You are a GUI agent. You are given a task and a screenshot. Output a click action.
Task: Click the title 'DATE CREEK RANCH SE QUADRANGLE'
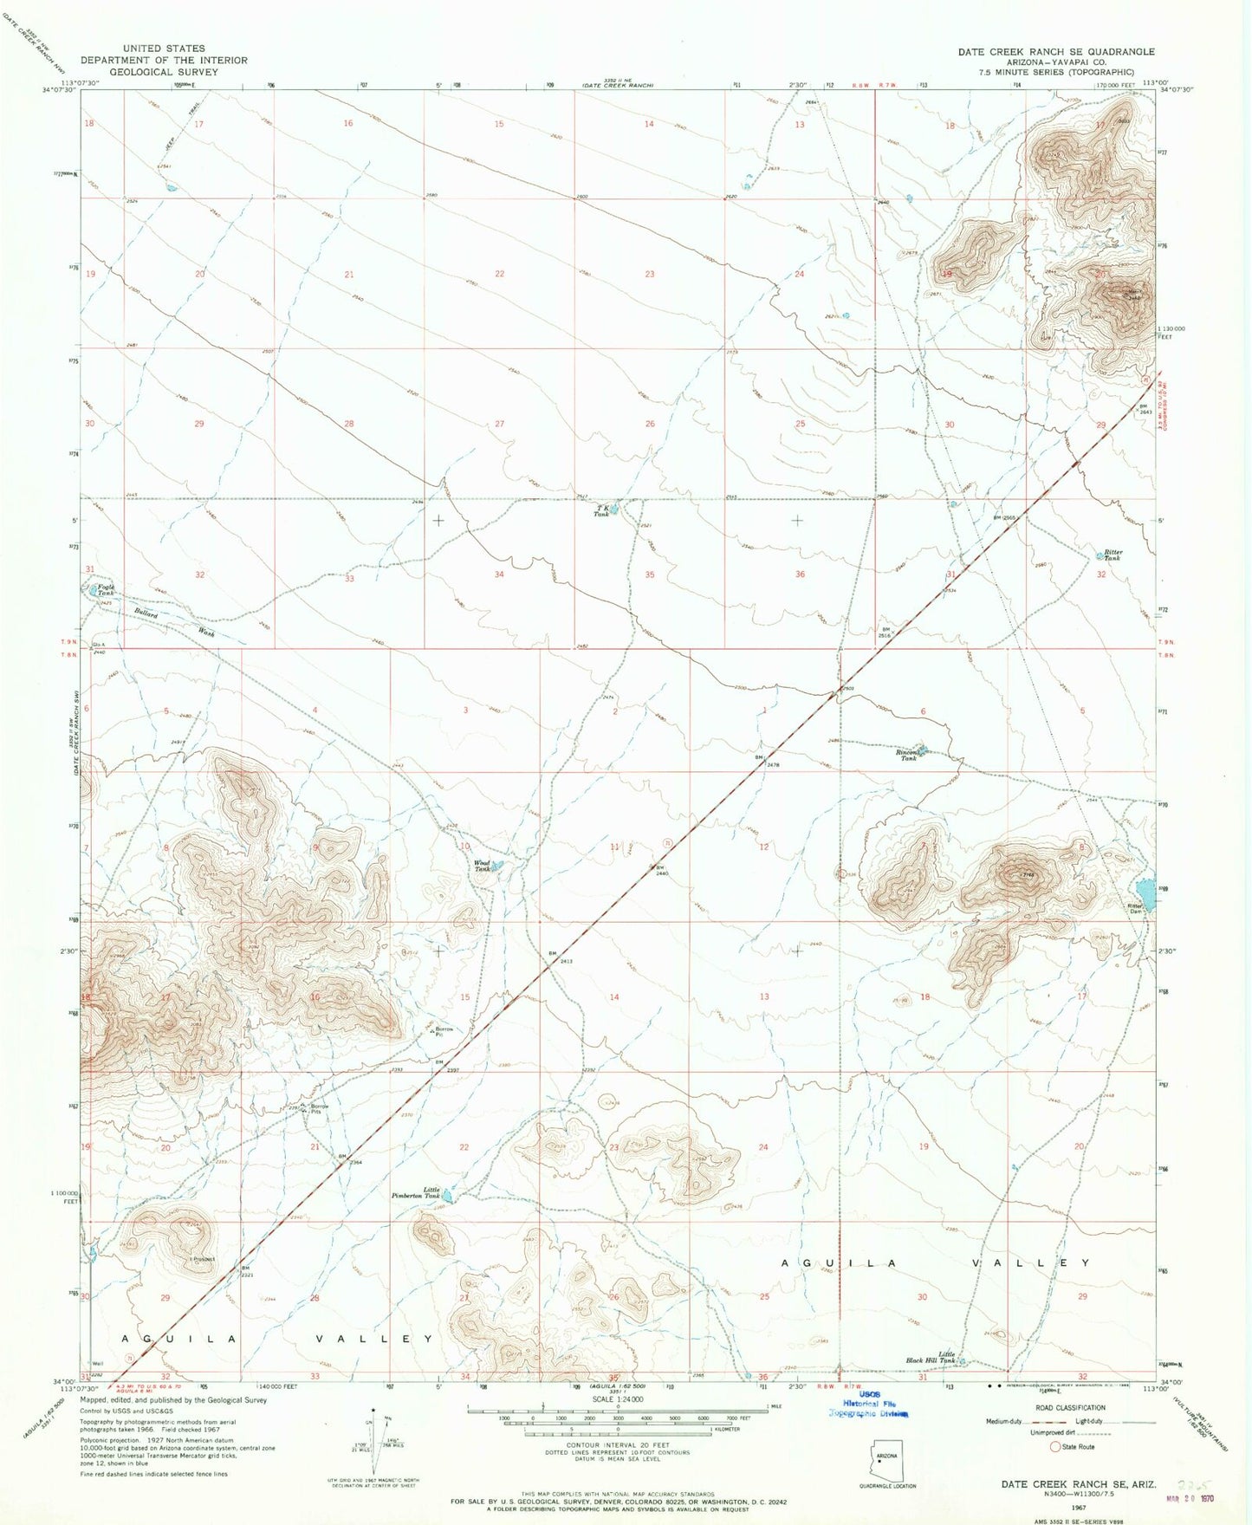coord(1055,52)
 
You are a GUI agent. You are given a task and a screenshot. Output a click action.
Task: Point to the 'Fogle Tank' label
coord(105,590)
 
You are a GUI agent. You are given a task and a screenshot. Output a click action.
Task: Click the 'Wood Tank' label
coord(482,866)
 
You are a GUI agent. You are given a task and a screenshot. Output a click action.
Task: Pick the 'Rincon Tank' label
coord(907,755)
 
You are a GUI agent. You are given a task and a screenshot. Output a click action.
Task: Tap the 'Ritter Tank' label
coord(1113,555)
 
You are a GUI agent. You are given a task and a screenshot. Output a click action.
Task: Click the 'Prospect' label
coord(203,1258)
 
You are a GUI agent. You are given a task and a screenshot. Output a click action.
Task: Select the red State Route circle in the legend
coord(1054,1446)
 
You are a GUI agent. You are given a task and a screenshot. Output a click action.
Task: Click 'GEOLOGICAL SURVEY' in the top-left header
coord(164,72)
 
